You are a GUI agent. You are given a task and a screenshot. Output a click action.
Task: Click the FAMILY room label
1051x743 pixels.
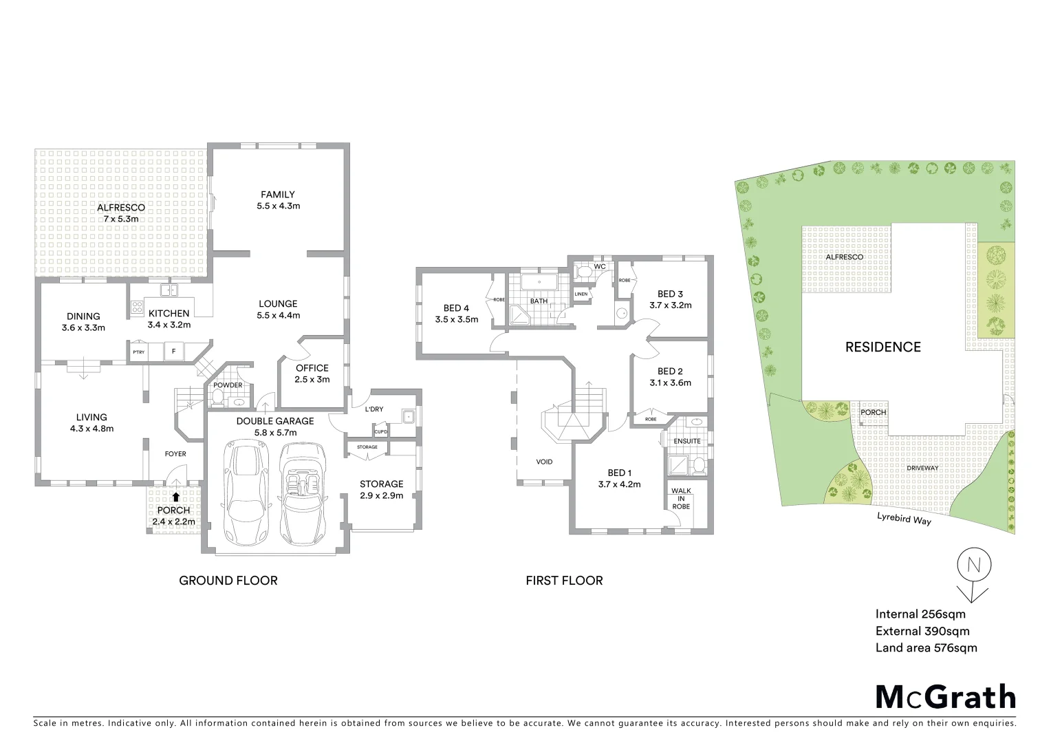coord(278,195)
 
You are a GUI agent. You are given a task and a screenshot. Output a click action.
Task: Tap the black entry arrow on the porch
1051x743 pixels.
coord(176,496)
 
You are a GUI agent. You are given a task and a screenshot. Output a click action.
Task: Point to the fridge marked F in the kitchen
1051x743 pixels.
coord(173,352)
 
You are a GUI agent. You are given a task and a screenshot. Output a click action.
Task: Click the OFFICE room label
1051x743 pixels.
coord(312,368)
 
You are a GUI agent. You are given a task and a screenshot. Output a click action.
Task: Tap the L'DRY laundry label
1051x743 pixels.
coord(374,409)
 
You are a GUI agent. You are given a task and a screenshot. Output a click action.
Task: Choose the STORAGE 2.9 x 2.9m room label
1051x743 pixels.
coord(381,484)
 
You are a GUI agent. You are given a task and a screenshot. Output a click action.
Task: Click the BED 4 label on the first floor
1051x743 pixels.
coord(456,308)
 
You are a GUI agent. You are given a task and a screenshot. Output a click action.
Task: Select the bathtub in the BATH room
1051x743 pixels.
coord(539,283)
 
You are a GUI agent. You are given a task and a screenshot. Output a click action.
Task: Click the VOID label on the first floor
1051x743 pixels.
coord(544,462)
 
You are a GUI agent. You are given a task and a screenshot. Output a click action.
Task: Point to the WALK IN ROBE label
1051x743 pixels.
coord(681,498)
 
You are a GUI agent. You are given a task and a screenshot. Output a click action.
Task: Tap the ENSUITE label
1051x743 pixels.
coord(687,441)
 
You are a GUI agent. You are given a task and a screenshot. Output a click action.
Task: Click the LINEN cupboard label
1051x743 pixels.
coord(581,294)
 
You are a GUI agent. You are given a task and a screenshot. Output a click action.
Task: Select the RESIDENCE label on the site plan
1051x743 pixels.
coord(882,347)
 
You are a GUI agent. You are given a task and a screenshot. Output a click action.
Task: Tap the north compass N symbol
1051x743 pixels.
coord(973,566)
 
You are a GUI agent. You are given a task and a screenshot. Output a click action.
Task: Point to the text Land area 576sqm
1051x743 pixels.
coord(926,647)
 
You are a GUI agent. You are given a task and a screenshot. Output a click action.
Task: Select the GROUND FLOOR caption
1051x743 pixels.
coord(228,581)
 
